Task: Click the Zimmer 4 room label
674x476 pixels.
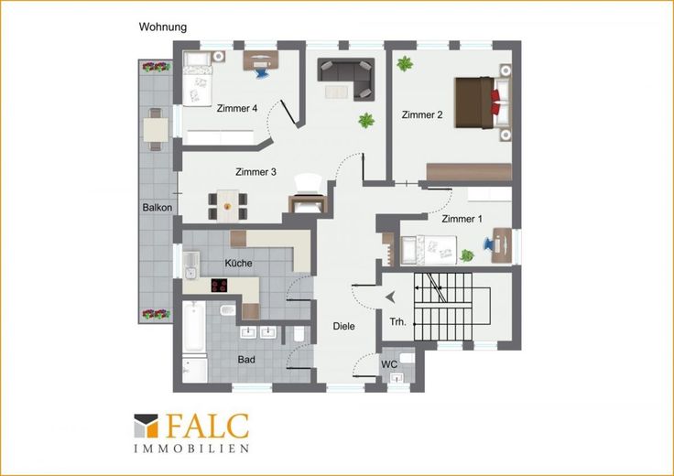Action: pos(237,108)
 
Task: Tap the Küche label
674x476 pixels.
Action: pos(239,263)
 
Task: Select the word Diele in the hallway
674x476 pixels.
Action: pos(344,326)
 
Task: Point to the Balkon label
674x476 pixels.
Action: pos(158,208)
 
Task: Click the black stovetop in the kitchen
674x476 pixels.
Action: pos(219,286)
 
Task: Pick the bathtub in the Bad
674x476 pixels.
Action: pos(194,327)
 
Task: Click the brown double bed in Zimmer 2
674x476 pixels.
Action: pos(484,103)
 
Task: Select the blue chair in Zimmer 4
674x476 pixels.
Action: pos(261,72)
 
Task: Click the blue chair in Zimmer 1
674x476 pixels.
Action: pos(489,243)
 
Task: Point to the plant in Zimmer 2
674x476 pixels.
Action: pos(405,64)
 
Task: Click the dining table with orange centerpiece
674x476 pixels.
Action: pos(227,206)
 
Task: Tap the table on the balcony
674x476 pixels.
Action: pos(155,130)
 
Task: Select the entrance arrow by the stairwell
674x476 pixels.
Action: pos(391,297)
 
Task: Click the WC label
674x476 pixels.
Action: pos(389,364)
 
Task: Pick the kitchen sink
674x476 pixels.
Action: pos(190,265)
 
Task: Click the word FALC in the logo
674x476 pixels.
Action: pos(207,426)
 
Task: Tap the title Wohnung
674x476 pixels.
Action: pos(163,27)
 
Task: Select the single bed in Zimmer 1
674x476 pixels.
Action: pos(429,250)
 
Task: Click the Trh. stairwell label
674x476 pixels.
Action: pos(397,322)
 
